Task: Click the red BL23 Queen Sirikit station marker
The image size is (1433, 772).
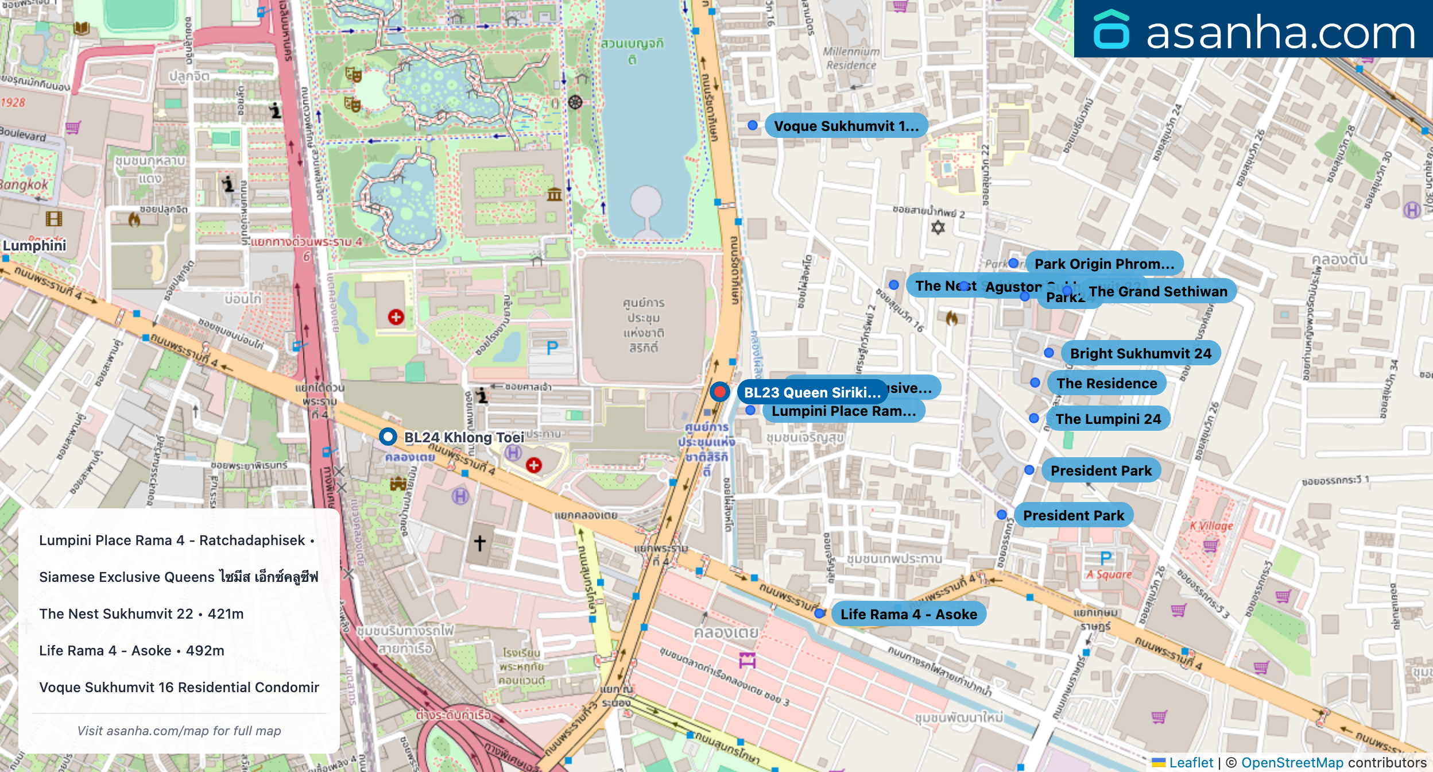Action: pyautogui.click(x=719, y=392)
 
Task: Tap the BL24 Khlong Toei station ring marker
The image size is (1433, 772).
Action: pyautogui.click(x=388, y=437)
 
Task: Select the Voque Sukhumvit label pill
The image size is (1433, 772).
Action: pyautogui.click(x=846, y=126)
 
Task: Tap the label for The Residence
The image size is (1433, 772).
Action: pyautogui.click(x=1106, y=383)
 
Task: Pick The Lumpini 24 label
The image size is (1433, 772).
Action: pyautogui.click(x=1107, y=419)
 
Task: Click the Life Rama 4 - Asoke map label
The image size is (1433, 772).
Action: pyautogui.click(x=908, y=614)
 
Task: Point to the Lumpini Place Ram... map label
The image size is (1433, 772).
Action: pyautogui.click(x=843, y=411)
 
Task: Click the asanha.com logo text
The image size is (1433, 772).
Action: pyautogui.click(x=1280, y=33)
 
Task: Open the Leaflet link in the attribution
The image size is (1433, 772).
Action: pyautogui.click(x=1191, y=763)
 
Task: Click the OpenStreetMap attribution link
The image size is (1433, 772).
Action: pyautogui.click(x=1292, y=763)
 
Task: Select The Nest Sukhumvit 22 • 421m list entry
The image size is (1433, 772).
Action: pyautogui.click(x=141, y=613)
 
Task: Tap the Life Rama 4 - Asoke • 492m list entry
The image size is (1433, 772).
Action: pyautogui.click(x=131, y=650)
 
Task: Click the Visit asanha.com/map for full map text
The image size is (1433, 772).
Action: pyautogui.click(x=179, y=731)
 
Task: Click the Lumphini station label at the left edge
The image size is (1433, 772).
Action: pyautogui.click(x=34, y=246)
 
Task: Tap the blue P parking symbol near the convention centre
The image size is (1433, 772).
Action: pyautogui.click(x=552, y=348)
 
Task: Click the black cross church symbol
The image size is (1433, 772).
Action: pyautogui.click(x=480, y=542)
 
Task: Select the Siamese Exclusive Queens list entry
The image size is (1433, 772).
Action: pyautogui.click(x=179, y=577)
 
